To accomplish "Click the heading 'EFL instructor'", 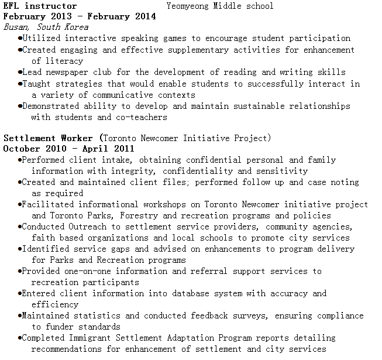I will pos(40,6).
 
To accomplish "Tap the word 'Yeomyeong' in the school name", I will pos(188,6).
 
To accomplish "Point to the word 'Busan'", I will pos(16,28).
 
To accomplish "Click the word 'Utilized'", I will pos(42,39).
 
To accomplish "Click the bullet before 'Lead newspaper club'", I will pos(20,73).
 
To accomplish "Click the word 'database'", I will pos(194,293).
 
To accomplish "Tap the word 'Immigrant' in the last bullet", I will pos(92,338).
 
